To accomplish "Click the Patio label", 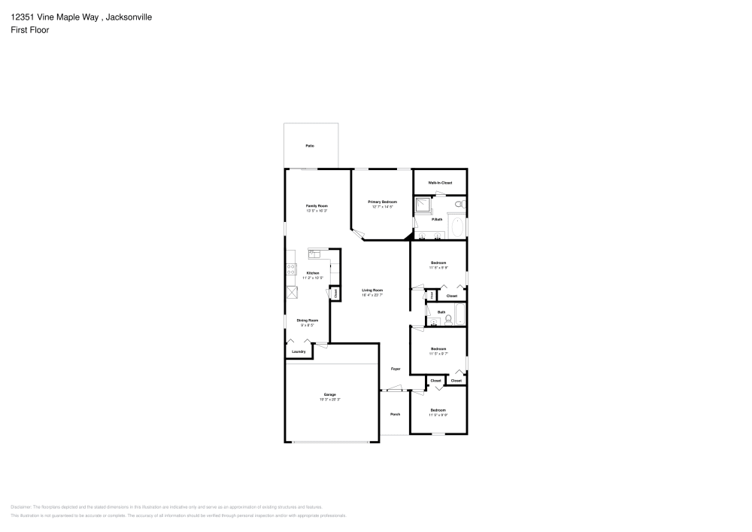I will (x=309, y=145).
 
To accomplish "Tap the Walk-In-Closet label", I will (x=440, y=183).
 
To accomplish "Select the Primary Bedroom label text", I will (x=382, y=202).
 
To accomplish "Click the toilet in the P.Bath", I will (x=460, y=204).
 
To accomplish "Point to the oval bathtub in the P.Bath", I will (x=456, y=225).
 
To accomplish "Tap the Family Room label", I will (x=316, y=205).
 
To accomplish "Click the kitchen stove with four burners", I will (x=290, y=270).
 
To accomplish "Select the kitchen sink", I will (x=315, y=254).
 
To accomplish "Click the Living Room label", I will (x=372, y=290).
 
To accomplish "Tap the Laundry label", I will (x=299, y=351).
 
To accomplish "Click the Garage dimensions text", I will (x=329, y=400).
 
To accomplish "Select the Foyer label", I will (x=395, y=369).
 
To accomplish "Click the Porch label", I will (x=395, y=414).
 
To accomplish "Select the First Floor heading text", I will (x=29, y=30).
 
